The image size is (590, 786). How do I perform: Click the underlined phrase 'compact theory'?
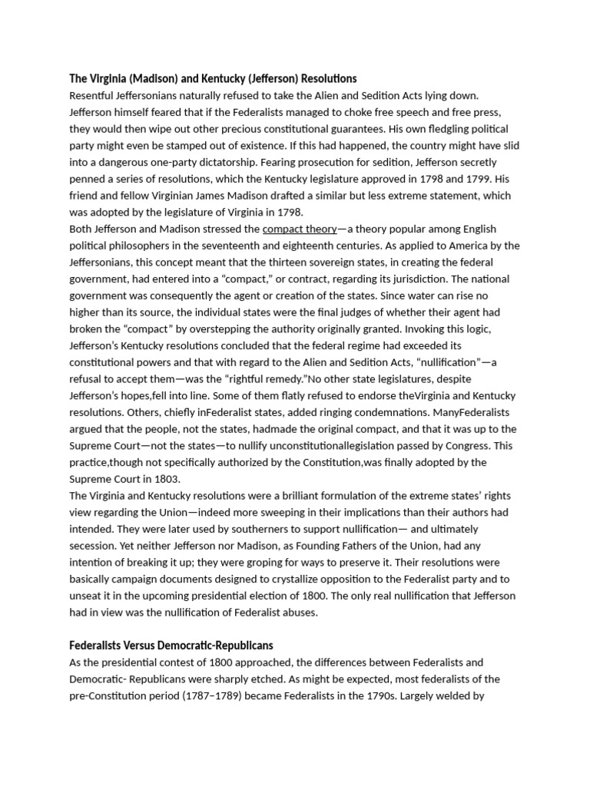tap(300, 229)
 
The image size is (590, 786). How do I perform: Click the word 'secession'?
tap(94, 546)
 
